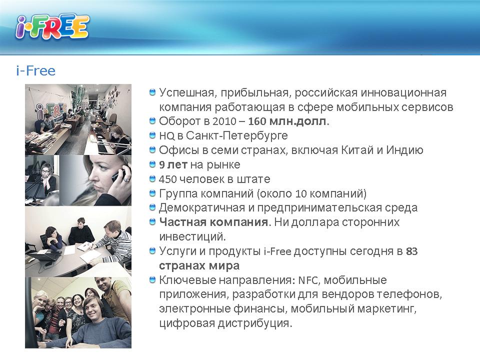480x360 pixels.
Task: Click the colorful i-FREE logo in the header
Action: click(x=52, y=27)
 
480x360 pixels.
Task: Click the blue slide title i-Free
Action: click(x=36, y=70)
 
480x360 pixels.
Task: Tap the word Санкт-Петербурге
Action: click(x=237, y=135)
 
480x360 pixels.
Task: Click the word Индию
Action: click(x=404, y=150)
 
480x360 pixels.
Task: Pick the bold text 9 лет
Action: click(x=173, y=164)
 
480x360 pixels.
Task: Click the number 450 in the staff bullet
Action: click(x=167, y=179)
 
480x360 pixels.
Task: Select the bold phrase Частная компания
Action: click(x=214, y=222)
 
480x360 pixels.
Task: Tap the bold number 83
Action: click(x=411, y=251)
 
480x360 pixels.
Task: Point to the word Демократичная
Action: click(x=202, y=208)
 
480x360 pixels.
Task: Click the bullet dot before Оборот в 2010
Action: click(x=152, y=121)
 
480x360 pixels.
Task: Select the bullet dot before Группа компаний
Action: click(x=152, y=193)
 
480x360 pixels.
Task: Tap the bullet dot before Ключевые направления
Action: click(x=152, y=279)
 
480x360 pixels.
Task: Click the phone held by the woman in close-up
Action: click(x=117, y=176)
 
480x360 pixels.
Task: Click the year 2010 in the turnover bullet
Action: click(x=224, y=121)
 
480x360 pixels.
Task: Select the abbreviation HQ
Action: click(x=166, y=136)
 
